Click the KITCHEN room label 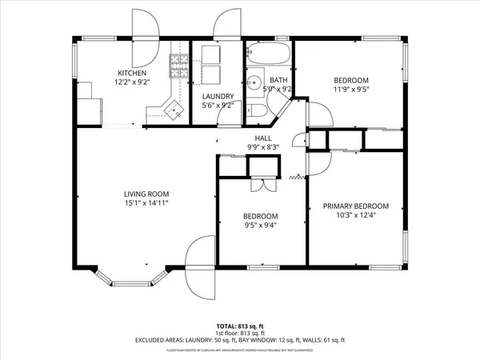click(110, 73)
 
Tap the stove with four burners click(177, 63)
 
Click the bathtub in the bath click(269, 54)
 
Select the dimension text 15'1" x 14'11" click(146, 203)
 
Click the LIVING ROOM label click(146, 194)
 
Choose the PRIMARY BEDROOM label click(356, 206)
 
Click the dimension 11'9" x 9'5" click(350, 90)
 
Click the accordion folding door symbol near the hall click(298, 176)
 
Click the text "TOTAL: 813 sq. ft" click(240, 326)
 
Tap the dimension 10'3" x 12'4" click(356, 215)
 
